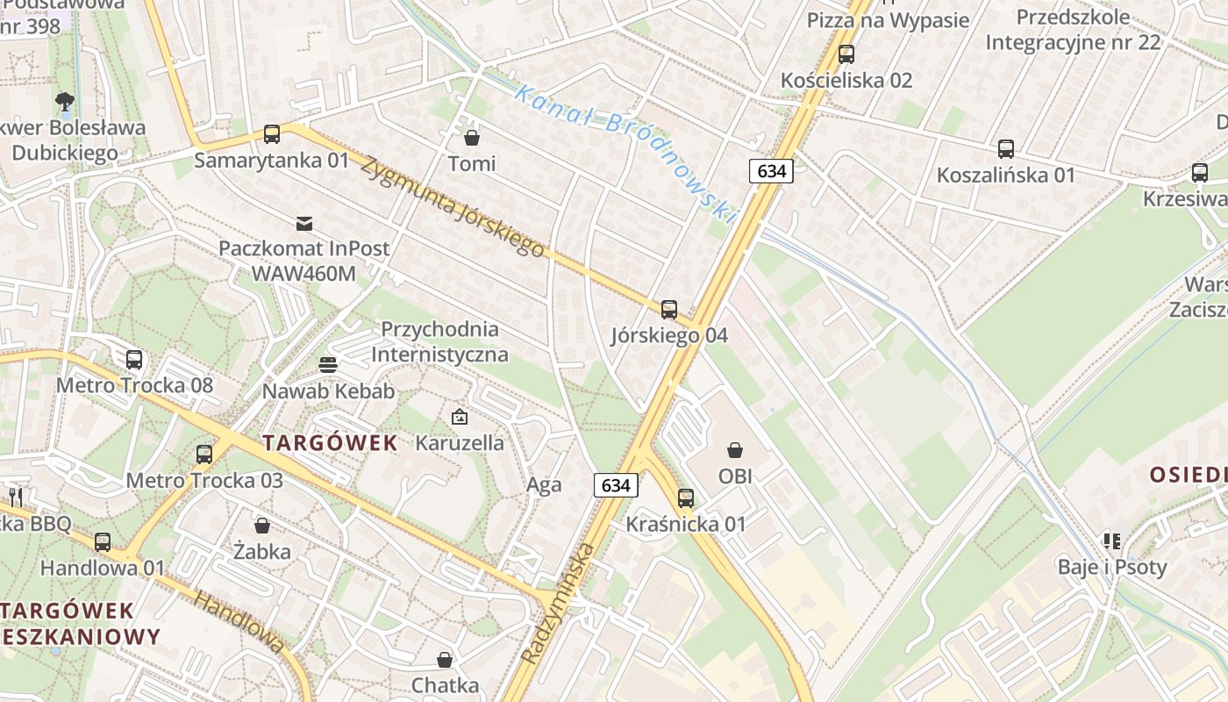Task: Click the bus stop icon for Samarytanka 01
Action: [272, 134]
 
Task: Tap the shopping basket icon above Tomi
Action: [472, 138]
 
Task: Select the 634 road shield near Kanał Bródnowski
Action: [771, 170]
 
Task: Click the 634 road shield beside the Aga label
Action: [616, 484]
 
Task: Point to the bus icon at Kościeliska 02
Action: [846, 54]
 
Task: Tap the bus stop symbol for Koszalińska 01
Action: [1006, 149]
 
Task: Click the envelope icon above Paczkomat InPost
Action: [304, 223]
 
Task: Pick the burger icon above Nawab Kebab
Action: [328, 365]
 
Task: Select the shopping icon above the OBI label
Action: [735, 451]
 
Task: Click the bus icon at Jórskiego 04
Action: [669, 309]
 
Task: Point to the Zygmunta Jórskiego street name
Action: [453, 207]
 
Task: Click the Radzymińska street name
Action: [558, 604]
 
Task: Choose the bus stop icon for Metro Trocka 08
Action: [134, 360]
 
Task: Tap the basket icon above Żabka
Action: [262, 526]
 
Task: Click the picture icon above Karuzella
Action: [460, 417]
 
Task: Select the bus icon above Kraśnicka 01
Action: [686, 498]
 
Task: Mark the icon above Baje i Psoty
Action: [1112, 541]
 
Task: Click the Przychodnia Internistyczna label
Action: [439, 342]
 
